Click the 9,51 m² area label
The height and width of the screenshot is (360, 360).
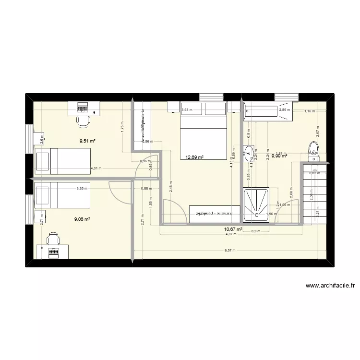[x=87, y=141]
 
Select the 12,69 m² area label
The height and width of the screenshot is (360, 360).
[x=194, y=157]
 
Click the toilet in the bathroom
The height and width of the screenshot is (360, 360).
[x=313, y=150]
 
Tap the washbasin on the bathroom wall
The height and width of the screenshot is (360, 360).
[x=248, y=154]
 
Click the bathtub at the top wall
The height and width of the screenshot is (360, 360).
[x=268, y=111]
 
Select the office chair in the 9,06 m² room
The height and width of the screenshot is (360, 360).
[x=53, y=238]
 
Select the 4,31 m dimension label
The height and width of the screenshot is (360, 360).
[x=96, y=168]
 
